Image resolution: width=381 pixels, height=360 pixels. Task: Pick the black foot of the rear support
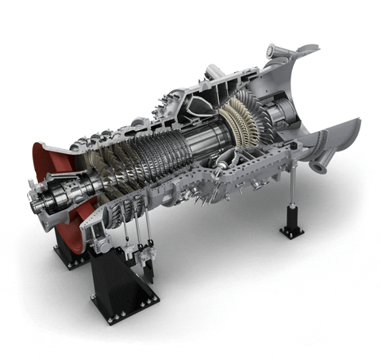tap(291, 231)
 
